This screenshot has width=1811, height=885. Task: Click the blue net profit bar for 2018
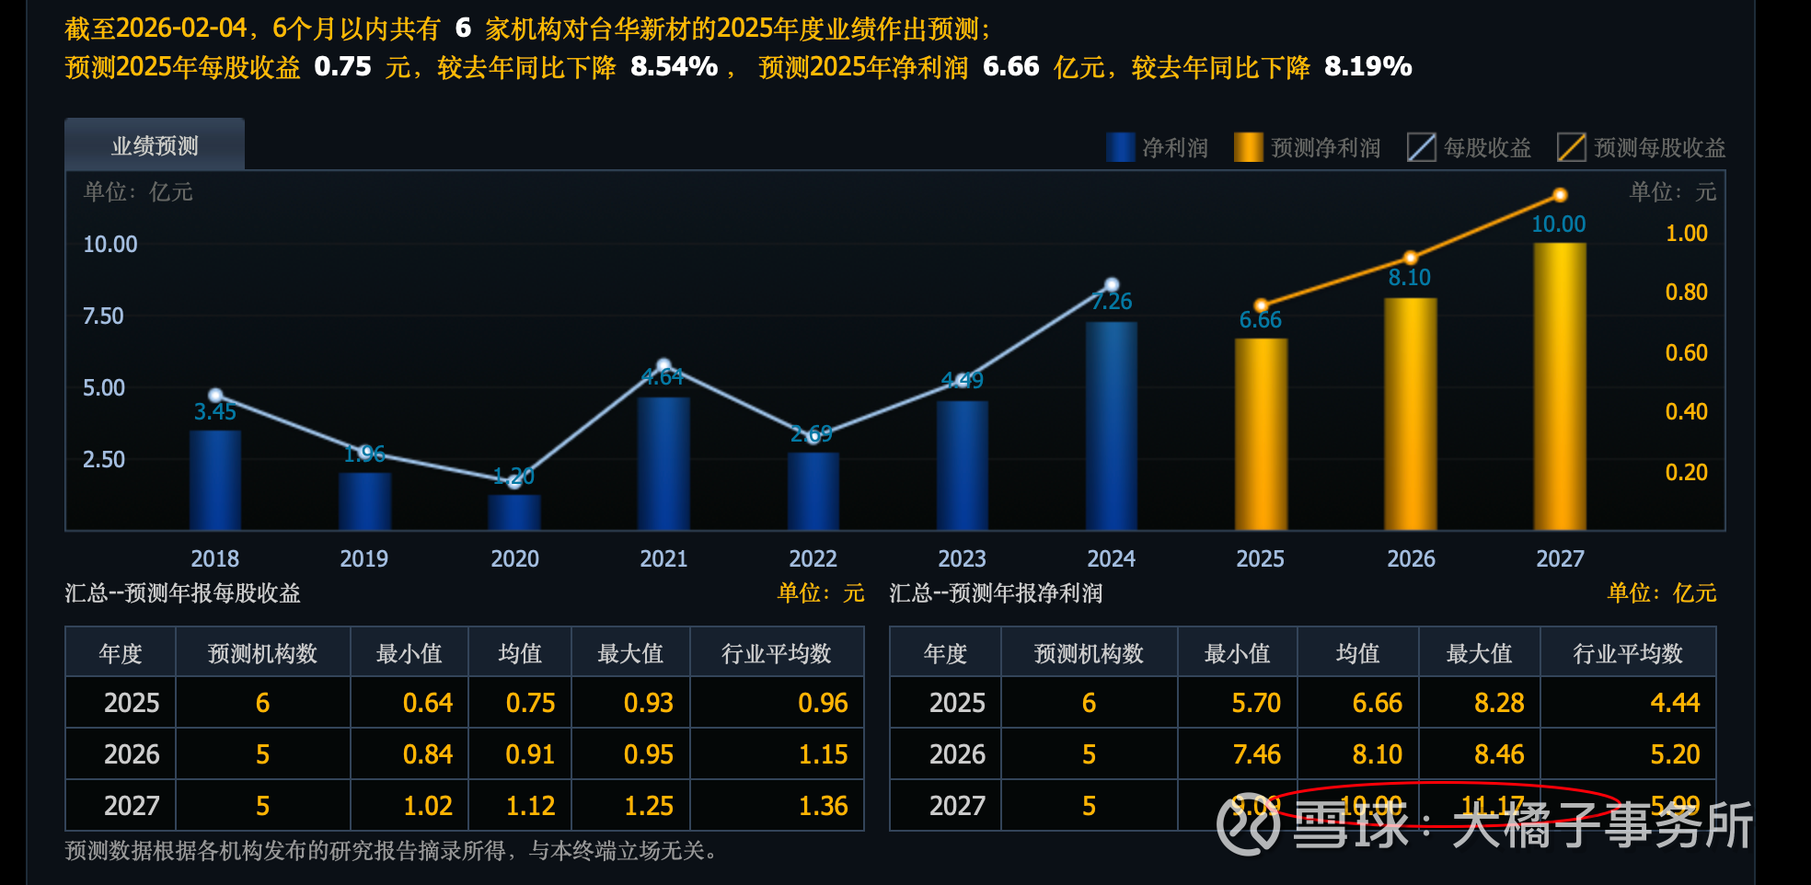tap(215, 479)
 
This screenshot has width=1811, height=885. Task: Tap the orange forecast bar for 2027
tap(1560, 386)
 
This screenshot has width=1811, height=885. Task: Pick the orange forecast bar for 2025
tap(1261, 433)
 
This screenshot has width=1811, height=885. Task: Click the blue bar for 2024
tap(1112, 425)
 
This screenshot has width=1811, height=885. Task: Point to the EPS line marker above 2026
tap(1411, 258)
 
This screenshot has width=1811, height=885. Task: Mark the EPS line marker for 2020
tap(514, 480)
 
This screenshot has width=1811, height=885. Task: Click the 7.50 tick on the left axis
tap(103, 316)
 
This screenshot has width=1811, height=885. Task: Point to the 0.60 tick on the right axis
tap(1686, 352)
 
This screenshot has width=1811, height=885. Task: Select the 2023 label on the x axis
tap(962, 558)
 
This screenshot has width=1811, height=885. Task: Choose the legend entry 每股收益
tap(1470, 147)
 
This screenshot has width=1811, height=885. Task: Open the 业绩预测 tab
tap(155, 145)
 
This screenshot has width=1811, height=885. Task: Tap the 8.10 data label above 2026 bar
tap(1410, 278)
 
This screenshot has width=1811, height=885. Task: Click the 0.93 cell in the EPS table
tap(648, 703)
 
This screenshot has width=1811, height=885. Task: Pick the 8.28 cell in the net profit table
tap(1499, 703)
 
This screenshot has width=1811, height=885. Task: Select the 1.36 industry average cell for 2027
tap(823, 806)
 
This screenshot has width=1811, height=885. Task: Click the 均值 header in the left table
tap(520, 653)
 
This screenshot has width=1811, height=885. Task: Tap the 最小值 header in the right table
tap(1237, 653)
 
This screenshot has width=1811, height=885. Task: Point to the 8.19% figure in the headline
tap(1367, 66)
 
